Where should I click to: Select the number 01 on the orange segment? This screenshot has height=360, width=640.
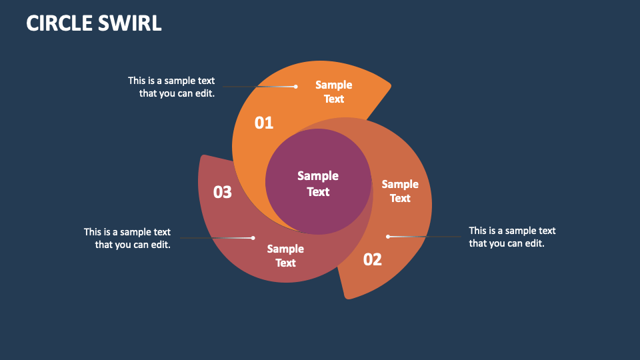pos(264,123)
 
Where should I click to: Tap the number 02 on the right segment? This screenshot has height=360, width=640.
pos(372,259)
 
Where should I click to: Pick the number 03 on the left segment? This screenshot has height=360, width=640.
pos(222,193)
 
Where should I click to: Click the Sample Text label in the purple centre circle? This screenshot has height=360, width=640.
pos(318,183)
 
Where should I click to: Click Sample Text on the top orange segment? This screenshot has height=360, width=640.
pos(333,92)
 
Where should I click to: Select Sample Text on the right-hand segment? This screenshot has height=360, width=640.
pos(400,191)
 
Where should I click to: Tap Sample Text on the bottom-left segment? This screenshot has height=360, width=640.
pos(285,255)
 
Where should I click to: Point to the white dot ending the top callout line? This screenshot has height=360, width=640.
pos(295,86)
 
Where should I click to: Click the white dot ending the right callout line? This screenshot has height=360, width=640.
pos(388,236)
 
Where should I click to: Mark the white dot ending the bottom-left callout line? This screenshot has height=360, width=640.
pos(253,237)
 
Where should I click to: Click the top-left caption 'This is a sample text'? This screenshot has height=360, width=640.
pos(171,81)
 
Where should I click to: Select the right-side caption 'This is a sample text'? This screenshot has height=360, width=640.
pos(512,231)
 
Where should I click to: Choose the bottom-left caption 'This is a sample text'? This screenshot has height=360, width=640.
pos(127,232)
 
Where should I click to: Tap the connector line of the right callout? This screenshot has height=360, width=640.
pos(427,236)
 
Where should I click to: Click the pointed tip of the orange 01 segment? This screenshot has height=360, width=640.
pos(390,85)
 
